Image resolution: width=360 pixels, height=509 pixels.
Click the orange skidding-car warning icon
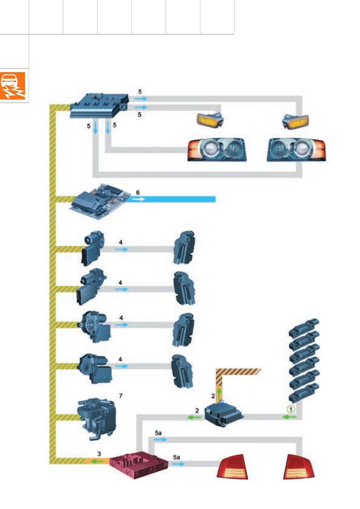(x=14, y=86)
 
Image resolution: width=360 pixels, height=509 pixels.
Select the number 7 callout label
(x=120, y=395)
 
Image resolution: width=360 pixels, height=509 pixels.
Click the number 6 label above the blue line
(x=138, y=193)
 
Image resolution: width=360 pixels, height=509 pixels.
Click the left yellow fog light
(x=210, y=119)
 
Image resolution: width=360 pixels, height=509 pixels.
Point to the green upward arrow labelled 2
(x=218, y=393)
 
